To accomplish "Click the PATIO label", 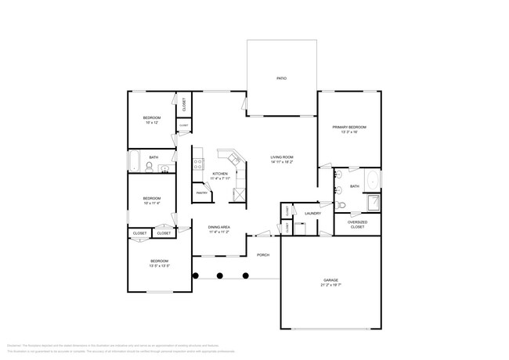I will click(x=280, y=79).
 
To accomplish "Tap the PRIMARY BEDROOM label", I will click(x=348, y=127).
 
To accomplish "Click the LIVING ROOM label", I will click(x=282, y=157).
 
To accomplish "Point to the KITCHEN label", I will click(x=219, y=173).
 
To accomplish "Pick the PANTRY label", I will click(x=200, y=192).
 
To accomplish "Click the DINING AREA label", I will click(x=218, y=227).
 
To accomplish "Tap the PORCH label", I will click(x=263, y=254).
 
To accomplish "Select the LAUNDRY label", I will click(x=313, y=213).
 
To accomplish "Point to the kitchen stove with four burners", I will click(x=199, y=164).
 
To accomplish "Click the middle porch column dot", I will click(x=220, y=275).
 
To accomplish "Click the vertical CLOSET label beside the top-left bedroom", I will click(x=183, y=103).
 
